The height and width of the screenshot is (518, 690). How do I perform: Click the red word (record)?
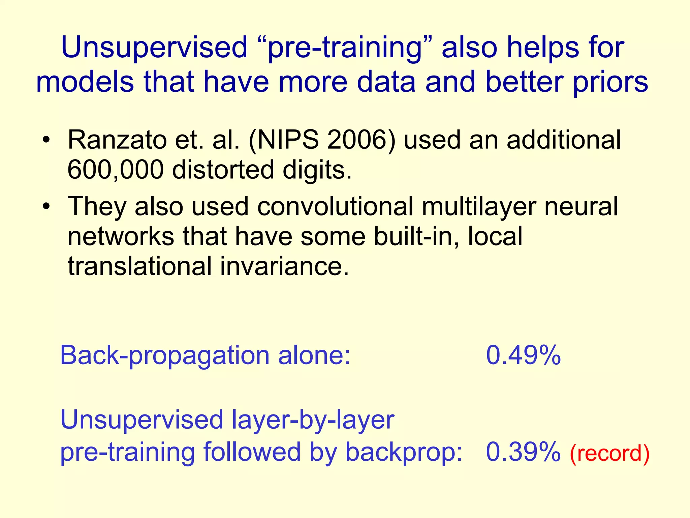pyautogui.click(x=609, y=454)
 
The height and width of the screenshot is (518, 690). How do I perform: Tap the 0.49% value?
pyautogui.click(x=523, y=355)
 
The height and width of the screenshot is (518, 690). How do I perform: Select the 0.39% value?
pyautogui.click(x=523, y=452)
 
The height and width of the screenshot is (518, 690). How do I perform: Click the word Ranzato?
pyautogui.click(x=117, y=140)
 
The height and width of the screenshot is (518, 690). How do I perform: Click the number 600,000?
pyautogui.click(x=116, y=170)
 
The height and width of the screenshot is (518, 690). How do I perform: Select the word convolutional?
pyautogui.click(x=335, y=206)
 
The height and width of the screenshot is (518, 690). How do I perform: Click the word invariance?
pyautogui.click(x=285, y=266)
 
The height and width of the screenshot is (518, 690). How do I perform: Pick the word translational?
pyautogui.click(x=140, y=266)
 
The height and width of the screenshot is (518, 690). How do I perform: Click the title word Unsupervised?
pyautogui.click(x=154, y=48)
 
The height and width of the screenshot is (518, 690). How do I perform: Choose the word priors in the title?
pyautogui.click(x=610, y=83)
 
